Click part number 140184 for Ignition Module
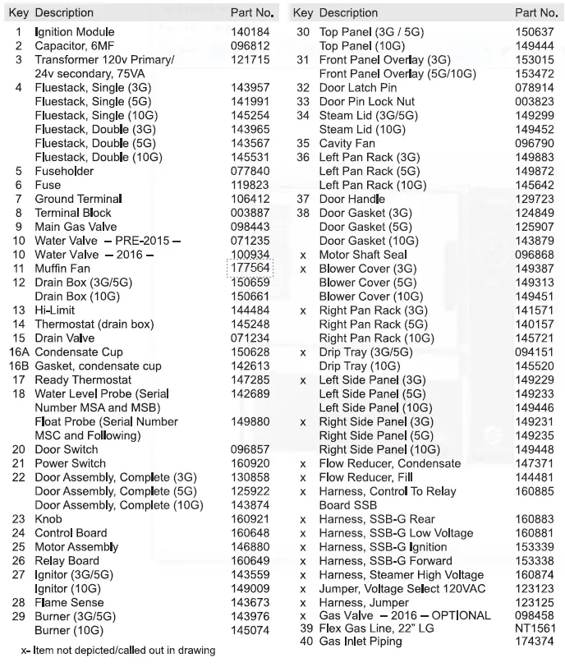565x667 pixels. [x=250, y=32]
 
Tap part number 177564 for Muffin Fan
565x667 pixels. [x=250, y=269]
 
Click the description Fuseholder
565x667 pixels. [x=64, y=171]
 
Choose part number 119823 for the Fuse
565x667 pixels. [x=250, y=185]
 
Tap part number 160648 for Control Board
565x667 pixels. [x=250, y=533]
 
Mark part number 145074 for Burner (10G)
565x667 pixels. [x=250, y=631]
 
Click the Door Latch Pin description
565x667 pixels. [x=358, y=88]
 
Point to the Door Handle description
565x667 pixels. [x=352, y=199]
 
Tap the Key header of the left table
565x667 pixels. [x=19, y=13]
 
